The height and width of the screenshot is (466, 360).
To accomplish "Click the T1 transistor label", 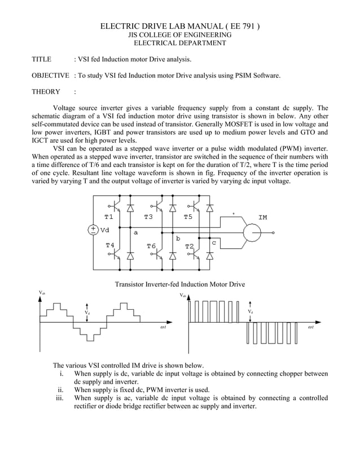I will coord(109,217).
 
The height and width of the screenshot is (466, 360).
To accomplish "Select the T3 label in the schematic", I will coord(148,217).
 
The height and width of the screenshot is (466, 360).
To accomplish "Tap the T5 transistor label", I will coord(188,217).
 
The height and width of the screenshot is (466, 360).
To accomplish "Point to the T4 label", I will coord(110,245).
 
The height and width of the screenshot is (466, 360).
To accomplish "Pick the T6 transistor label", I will coord(151,246).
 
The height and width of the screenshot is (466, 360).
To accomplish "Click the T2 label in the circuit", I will coord(189,246).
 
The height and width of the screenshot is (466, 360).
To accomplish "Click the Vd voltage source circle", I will coord(93,230).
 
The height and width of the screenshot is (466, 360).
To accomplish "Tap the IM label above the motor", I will coord(263,217).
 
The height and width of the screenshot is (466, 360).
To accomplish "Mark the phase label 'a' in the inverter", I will coord(135,232).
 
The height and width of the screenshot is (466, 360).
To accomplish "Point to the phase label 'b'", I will coord(178,239).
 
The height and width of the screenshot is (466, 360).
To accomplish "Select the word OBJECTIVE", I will coord(50,75).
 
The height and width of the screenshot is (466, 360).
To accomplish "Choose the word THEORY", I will coord(46,91).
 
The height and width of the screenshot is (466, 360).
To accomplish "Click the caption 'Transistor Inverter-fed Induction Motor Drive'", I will coord(180,284).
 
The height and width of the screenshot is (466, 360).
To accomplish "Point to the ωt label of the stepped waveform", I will coord(163,327).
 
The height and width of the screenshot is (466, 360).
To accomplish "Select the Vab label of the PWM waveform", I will coord(182,295).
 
